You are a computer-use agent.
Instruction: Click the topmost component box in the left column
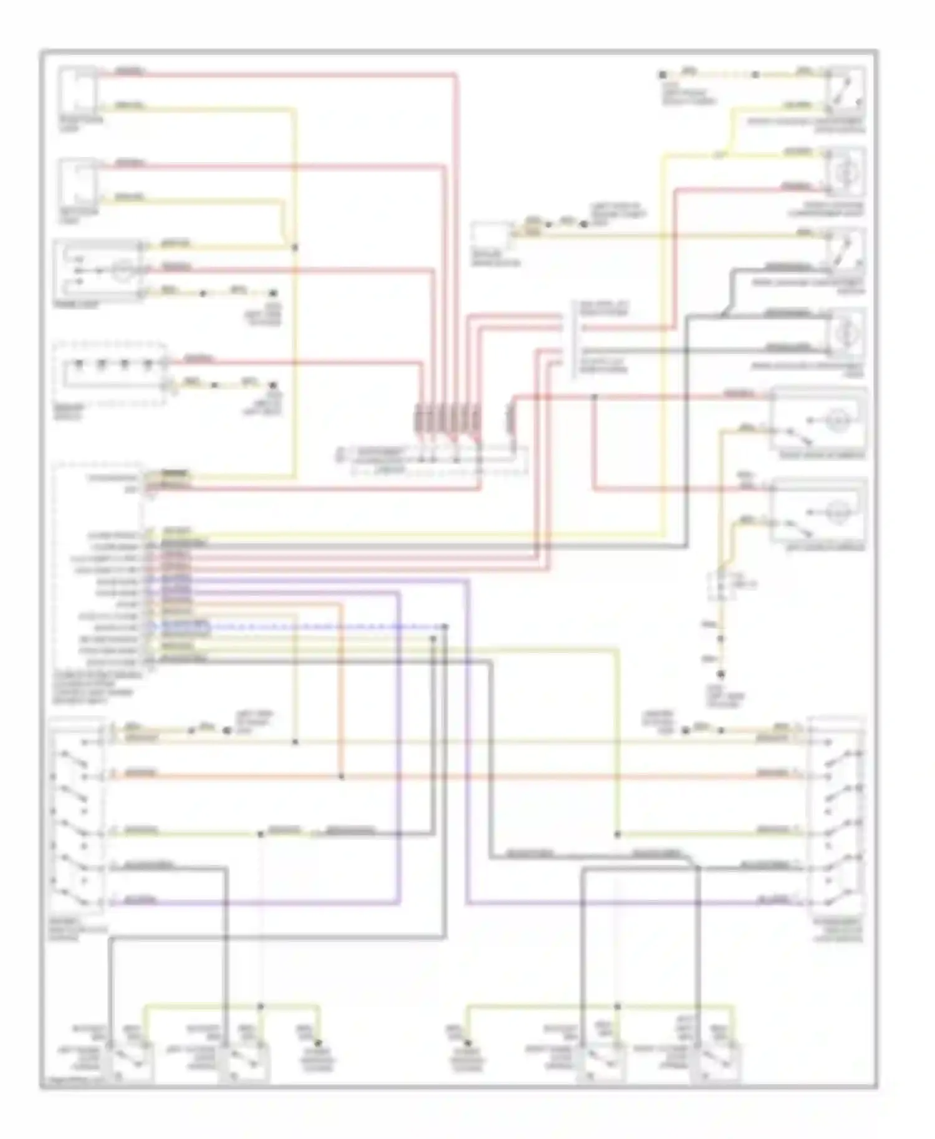pyautogui.click(x=78, y=89)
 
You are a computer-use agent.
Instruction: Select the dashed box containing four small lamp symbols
pyautogui.click(x=110, y=373)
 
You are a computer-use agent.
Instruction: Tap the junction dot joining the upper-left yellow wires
pyautogui.click(x=295, y=247)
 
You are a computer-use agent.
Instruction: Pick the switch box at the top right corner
pyautogui.click(x=846, y=88)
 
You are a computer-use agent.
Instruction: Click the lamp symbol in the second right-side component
pyautogui.click(x=846, y=169)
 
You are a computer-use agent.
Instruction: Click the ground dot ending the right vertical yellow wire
pyautogui.click(x=721, y=674)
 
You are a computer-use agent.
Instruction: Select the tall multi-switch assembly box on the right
pyautogui.click(x=837, y=816)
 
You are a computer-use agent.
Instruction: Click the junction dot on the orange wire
pyautogui.click(x=341, y=776)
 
